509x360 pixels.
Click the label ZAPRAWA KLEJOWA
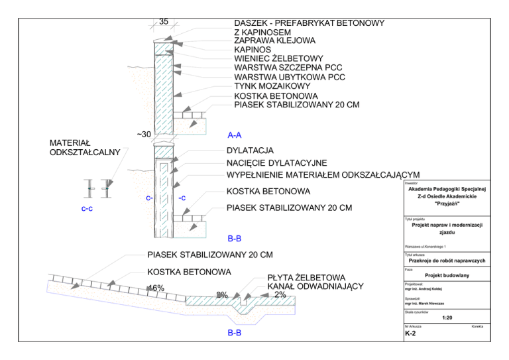274,40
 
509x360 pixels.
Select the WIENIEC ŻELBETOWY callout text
278,58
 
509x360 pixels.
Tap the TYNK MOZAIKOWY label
272,86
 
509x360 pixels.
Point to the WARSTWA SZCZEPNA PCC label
288,68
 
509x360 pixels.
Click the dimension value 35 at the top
164,21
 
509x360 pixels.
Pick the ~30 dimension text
144,134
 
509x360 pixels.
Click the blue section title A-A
235,135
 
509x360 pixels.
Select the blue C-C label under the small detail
87,209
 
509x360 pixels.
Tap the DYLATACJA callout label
250,150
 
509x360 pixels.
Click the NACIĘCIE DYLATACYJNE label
276,162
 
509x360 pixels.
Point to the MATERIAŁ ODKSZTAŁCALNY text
85,148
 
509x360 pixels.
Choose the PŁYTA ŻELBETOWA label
306,278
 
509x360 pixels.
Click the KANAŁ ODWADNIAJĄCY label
315,286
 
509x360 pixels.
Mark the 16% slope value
156,288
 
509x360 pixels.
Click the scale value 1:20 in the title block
447,318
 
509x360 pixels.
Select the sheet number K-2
410,333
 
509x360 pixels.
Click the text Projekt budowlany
447,275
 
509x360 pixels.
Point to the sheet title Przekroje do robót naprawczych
447,261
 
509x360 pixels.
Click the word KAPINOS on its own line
253,50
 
